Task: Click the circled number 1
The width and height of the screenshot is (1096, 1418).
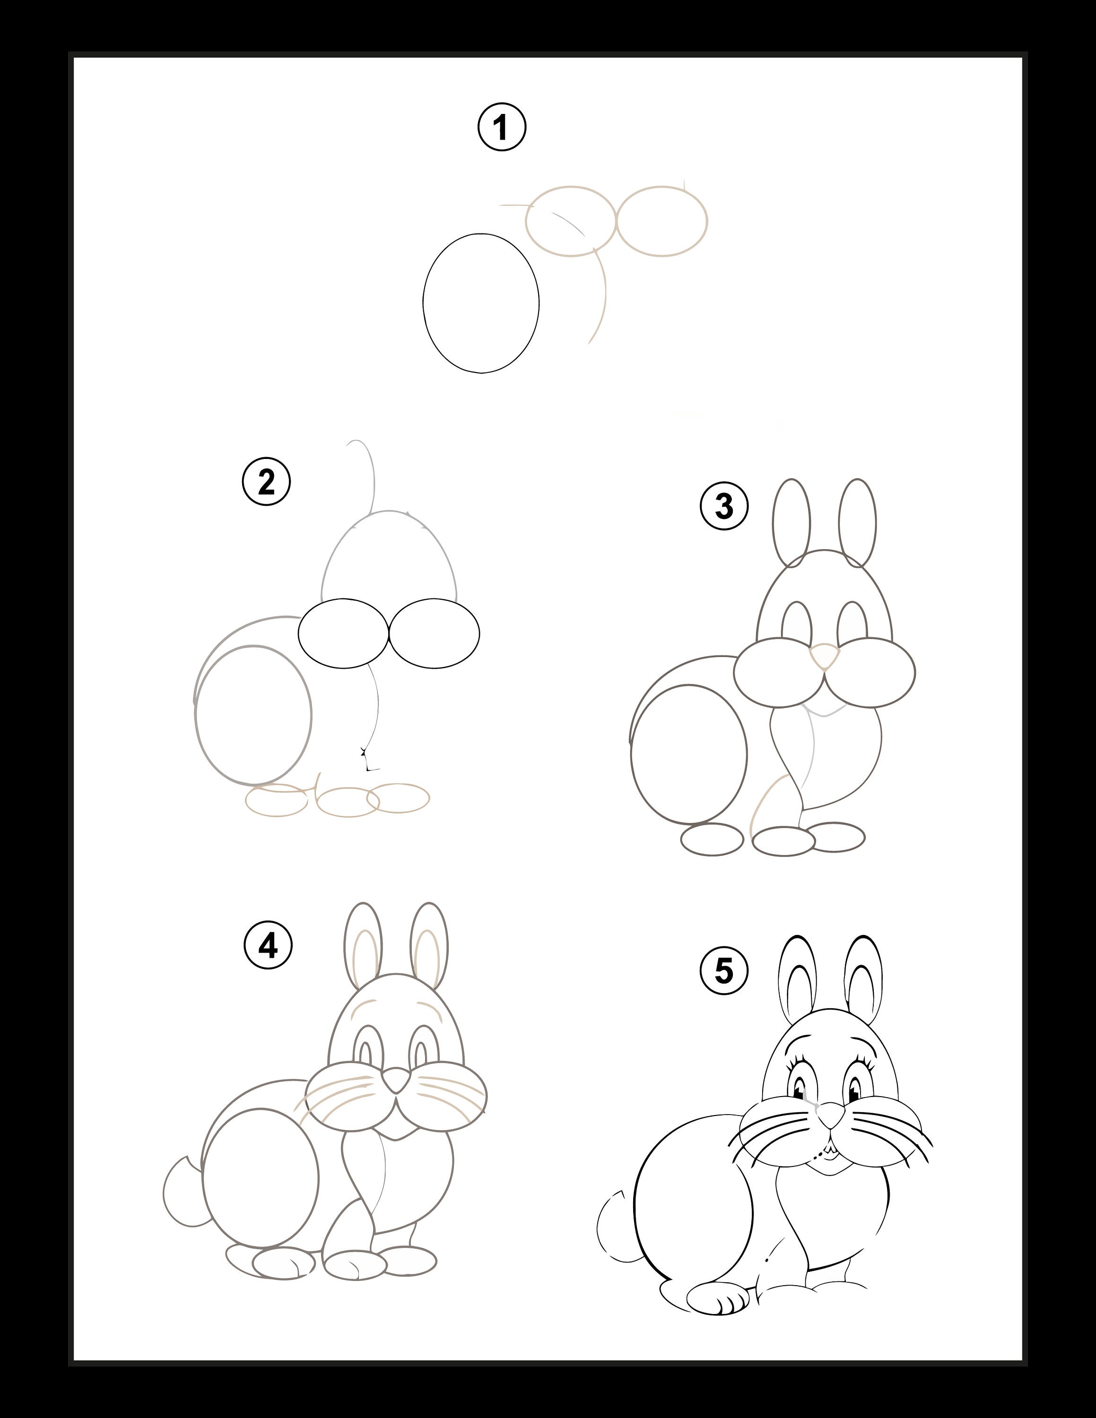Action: click(x=501, y=127)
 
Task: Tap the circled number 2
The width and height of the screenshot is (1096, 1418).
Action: click(x=266, y=481)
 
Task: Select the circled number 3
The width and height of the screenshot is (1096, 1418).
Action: click(x=724, y=506)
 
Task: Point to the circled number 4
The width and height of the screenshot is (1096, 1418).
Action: click(x=268, y=945)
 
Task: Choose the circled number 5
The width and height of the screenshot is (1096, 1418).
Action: click(x=723, y=971)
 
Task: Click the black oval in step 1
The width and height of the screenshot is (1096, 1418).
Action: click(x=481, y=303)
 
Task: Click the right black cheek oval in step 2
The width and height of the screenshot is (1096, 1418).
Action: click(x=435, y=633)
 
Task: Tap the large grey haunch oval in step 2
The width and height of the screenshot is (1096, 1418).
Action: click(x=253, y=715)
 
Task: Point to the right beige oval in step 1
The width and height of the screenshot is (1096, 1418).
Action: click(x=661, y=221)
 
